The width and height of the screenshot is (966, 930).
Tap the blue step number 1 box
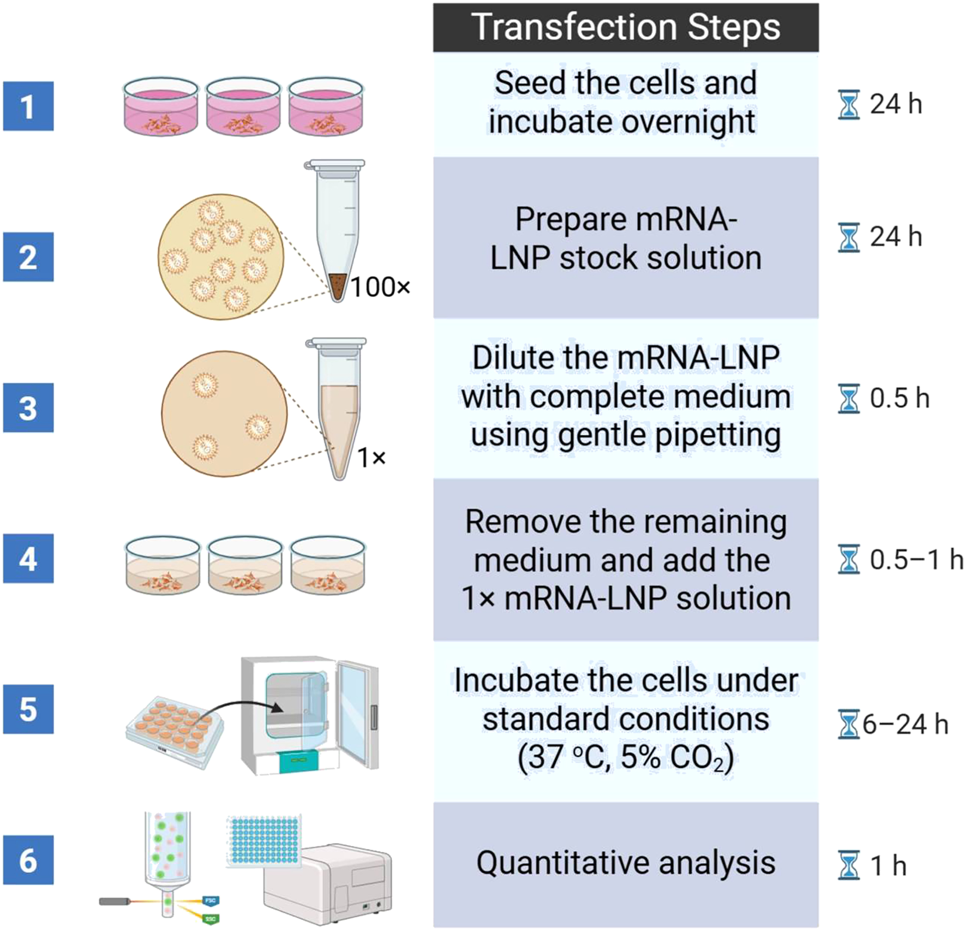(28, 106)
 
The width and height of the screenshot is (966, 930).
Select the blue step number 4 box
(28, 558)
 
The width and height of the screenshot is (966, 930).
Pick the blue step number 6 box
(28, 860)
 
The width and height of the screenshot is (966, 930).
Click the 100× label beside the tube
(381, 287)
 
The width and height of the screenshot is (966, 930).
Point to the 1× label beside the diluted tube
(372, 458)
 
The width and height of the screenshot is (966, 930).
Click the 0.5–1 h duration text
(916, 559)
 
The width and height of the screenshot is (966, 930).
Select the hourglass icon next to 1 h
(849, 865)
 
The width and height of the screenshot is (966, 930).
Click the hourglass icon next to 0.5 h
(849, 398)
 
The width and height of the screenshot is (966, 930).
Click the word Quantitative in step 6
(562, 863)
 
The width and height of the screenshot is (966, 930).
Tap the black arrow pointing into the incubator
(246, 707)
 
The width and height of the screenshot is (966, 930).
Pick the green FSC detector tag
(211, 901)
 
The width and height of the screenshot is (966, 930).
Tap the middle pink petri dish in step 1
(244, 108)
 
